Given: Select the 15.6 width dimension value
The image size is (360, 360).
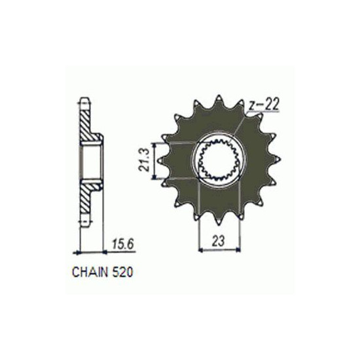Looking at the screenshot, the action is click(123, 245).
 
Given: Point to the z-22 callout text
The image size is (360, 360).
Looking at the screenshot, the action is click(264, 105).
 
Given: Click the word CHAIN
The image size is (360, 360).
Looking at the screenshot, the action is click(90, 272).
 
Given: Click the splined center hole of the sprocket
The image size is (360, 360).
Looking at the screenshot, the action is click(218, 159).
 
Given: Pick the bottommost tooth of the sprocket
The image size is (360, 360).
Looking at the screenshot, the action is click(218, 219).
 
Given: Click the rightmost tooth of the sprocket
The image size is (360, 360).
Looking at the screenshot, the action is click(277, 159).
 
